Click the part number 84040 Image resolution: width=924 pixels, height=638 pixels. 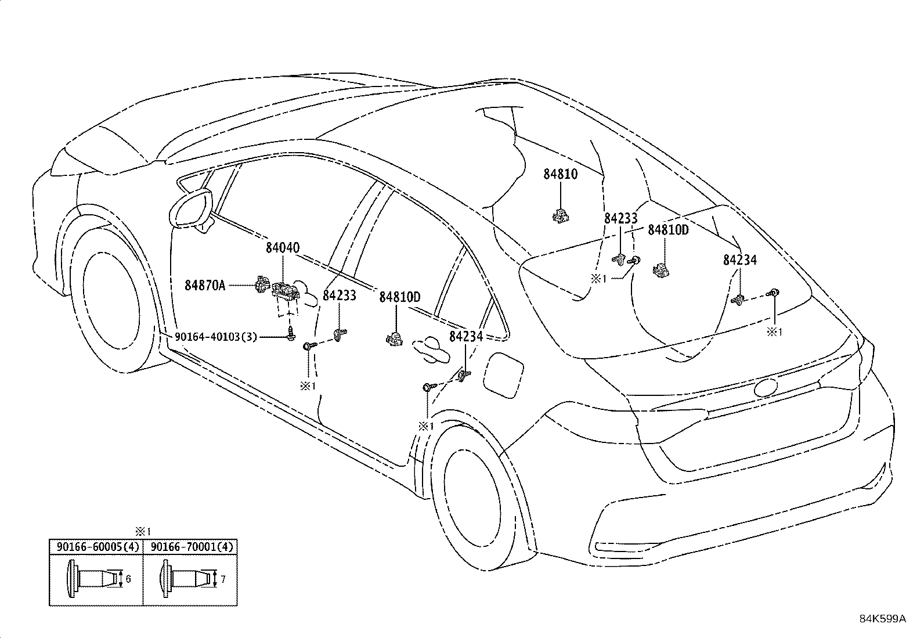283,248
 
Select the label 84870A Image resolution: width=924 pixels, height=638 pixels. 204,285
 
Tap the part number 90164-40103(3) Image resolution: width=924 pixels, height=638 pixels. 215,337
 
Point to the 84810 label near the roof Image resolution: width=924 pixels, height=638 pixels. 560,174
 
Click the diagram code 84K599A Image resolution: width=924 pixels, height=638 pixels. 882,619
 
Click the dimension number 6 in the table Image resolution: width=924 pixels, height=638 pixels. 128,579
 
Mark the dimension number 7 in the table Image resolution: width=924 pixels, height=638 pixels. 223,579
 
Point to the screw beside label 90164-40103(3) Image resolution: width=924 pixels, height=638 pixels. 290,334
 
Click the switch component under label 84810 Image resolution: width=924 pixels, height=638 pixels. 560,215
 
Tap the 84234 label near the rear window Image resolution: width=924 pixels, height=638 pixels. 739,261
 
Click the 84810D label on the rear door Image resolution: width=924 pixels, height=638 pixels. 399,297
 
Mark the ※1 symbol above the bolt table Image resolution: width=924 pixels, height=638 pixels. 143,531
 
